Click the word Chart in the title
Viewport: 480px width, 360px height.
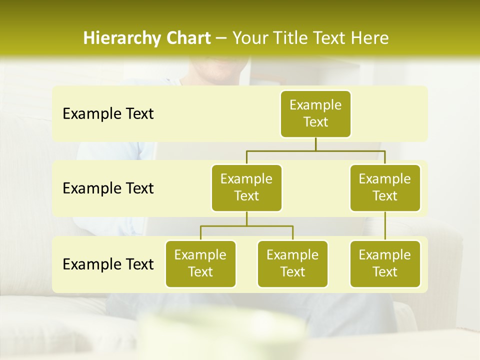[188, 38]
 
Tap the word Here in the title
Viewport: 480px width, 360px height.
[370, 38]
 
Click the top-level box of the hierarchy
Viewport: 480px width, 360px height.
[315, 113]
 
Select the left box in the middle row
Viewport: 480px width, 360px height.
[246, 187]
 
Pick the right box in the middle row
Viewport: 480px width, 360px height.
[385, 187]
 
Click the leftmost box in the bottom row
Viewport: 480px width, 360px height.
[200, 263]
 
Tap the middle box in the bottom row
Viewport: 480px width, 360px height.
[292, 263]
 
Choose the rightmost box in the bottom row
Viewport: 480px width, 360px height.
[385, 263]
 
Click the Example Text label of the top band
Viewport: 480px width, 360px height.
[108, 113]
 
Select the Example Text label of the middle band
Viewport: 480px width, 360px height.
[108, 188]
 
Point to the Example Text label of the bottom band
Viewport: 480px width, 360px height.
[108, 264]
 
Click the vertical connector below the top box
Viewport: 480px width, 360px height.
[315, 144]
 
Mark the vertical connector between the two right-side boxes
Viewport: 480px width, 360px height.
[385, 226]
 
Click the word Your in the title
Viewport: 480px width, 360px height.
[248, 38]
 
